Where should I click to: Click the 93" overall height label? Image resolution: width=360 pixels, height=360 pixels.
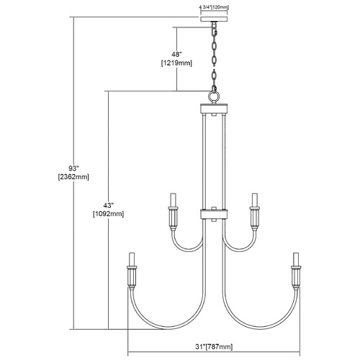pos(73,168)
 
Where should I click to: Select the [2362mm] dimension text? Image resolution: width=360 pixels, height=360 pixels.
pos(73,177)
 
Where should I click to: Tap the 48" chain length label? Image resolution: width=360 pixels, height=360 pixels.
pos(177,54)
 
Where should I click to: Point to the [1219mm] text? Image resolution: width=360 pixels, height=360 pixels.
pos(177,63)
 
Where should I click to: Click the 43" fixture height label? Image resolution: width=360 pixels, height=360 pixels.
pos(108,205)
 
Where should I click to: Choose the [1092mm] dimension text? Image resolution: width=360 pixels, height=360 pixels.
pos(108,215)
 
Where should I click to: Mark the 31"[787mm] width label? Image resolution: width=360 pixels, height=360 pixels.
pos(214,346)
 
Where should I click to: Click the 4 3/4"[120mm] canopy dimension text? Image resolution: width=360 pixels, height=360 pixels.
pos(214,8)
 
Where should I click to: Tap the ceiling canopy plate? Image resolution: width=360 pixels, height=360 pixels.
pos(214,19)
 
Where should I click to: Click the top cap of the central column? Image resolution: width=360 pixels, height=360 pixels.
pos(214,109)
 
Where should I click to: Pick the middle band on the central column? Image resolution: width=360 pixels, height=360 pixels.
pos(214,214)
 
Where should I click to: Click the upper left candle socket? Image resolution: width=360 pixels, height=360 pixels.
pos(174,212)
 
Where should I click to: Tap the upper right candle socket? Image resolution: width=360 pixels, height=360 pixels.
pos(254,212)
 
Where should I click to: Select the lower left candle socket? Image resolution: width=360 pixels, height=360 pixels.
pos(132,271)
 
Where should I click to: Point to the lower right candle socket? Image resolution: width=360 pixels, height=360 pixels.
pos(296,271)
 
